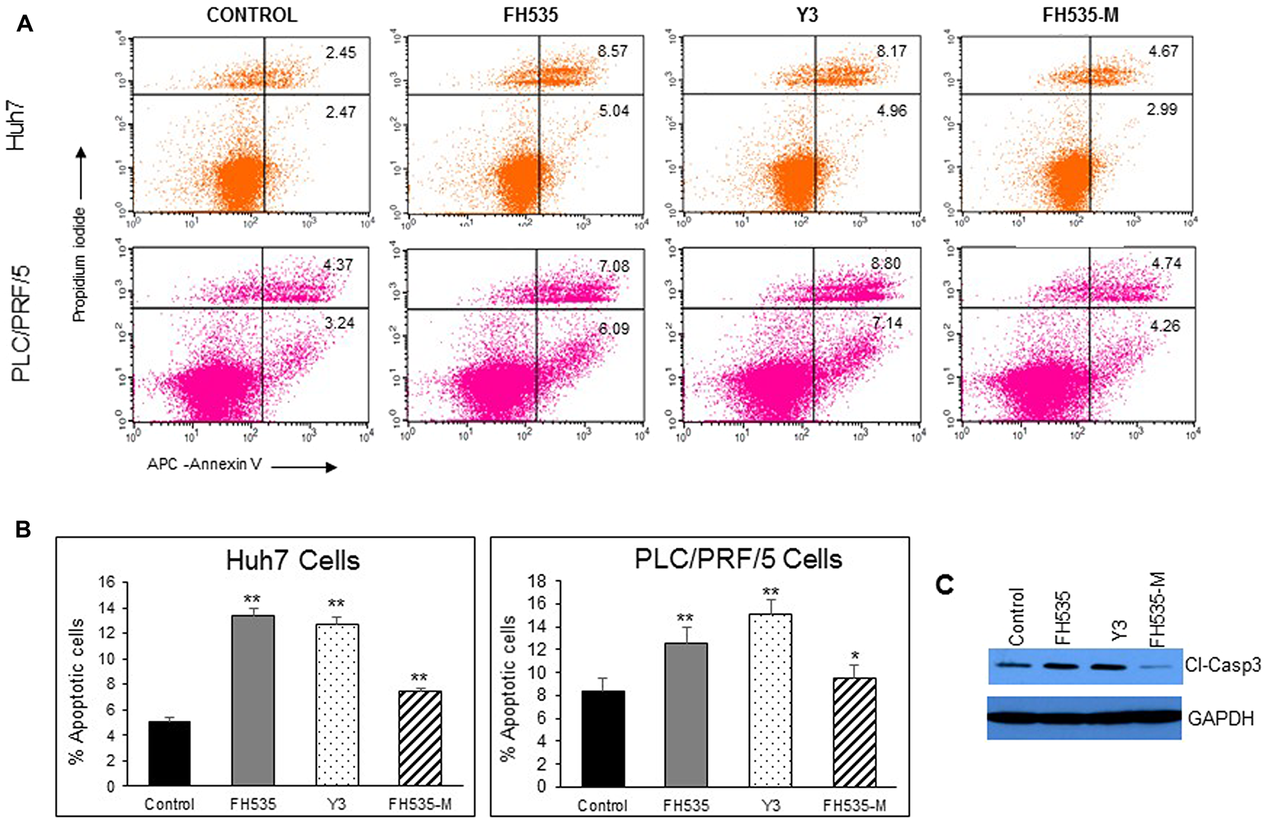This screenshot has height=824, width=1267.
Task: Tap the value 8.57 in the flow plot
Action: pyautogui.click(x=612, y=51)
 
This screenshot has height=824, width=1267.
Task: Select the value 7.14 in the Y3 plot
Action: pyautogui.click(x=887, y=323)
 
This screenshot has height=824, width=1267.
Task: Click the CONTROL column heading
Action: pyautogui.click(x=251, y=15)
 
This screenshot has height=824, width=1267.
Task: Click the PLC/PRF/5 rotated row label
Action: pyautogui.click(x=22, y=324)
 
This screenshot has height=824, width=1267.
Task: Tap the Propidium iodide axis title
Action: pyautogui.click(x=79, y=264)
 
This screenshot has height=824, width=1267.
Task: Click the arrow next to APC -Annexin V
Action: pyautogui.click(x=304, y=468)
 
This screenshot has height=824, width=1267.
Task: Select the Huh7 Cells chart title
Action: pyautogui.click(x=293, y=561)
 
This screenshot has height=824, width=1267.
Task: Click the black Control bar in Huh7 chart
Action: pyautogui.click(x=169, y=754)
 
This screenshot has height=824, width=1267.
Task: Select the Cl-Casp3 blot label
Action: pyautogui.click(x=1223, y=665)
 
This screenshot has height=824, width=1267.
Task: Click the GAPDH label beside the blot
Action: pyautogui.click(x=1220, y=719)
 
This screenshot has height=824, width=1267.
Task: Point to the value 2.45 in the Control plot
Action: pyautogui.click(x=341, y=53)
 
